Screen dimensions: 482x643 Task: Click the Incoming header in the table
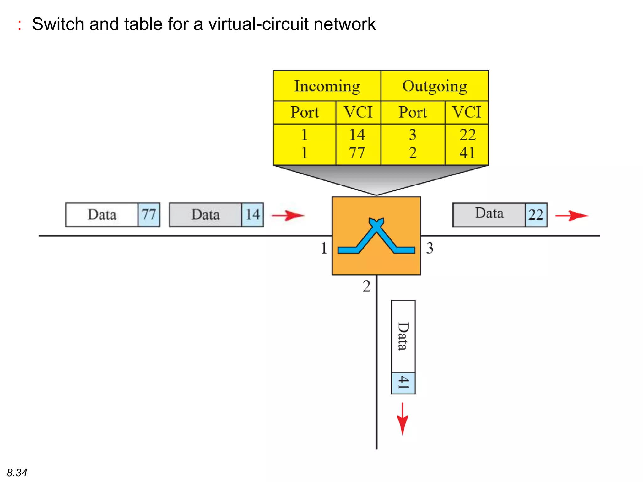(327, 86)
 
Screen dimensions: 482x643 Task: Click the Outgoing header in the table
(435, 86)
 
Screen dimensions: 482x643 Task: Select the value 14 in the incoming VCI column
(357, 135)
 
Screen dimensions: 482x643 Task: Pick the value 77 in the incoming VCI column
(357, 153)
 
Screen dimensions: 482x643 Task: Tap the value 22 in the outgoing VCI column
(467, 135)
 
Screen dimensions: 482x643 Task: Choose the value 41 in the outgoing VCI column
(467, 153)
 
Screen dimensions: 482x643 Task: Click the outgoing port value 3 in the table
(413, 135)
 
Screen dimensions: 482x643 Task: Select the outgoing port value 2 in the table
(413, 153)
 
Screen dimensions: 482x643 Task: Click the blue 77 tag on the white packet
(149, 215)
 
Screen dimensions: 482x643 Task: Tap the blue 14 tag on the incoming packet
(252, 215)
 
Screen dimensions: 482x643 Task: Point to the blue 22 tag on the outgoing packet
(536, 215)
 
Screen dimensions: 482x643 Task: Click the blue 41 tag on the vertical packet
(403, 383)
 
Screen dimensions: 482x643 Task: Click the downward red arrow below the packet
(403, 419)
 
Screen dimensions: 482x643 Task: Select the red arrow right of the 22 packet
(571, 216)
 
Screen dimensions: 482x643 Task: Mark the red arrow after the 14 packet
(288, 216)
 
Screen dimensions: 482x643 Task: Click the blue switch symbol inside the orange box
(376, 237)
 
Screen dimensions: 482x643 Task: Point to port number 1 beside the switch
(324, 248)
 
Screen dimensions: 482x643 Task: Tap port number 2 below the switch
(366, 286)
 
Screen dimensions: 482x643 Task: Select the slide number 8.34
(17, 472)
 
